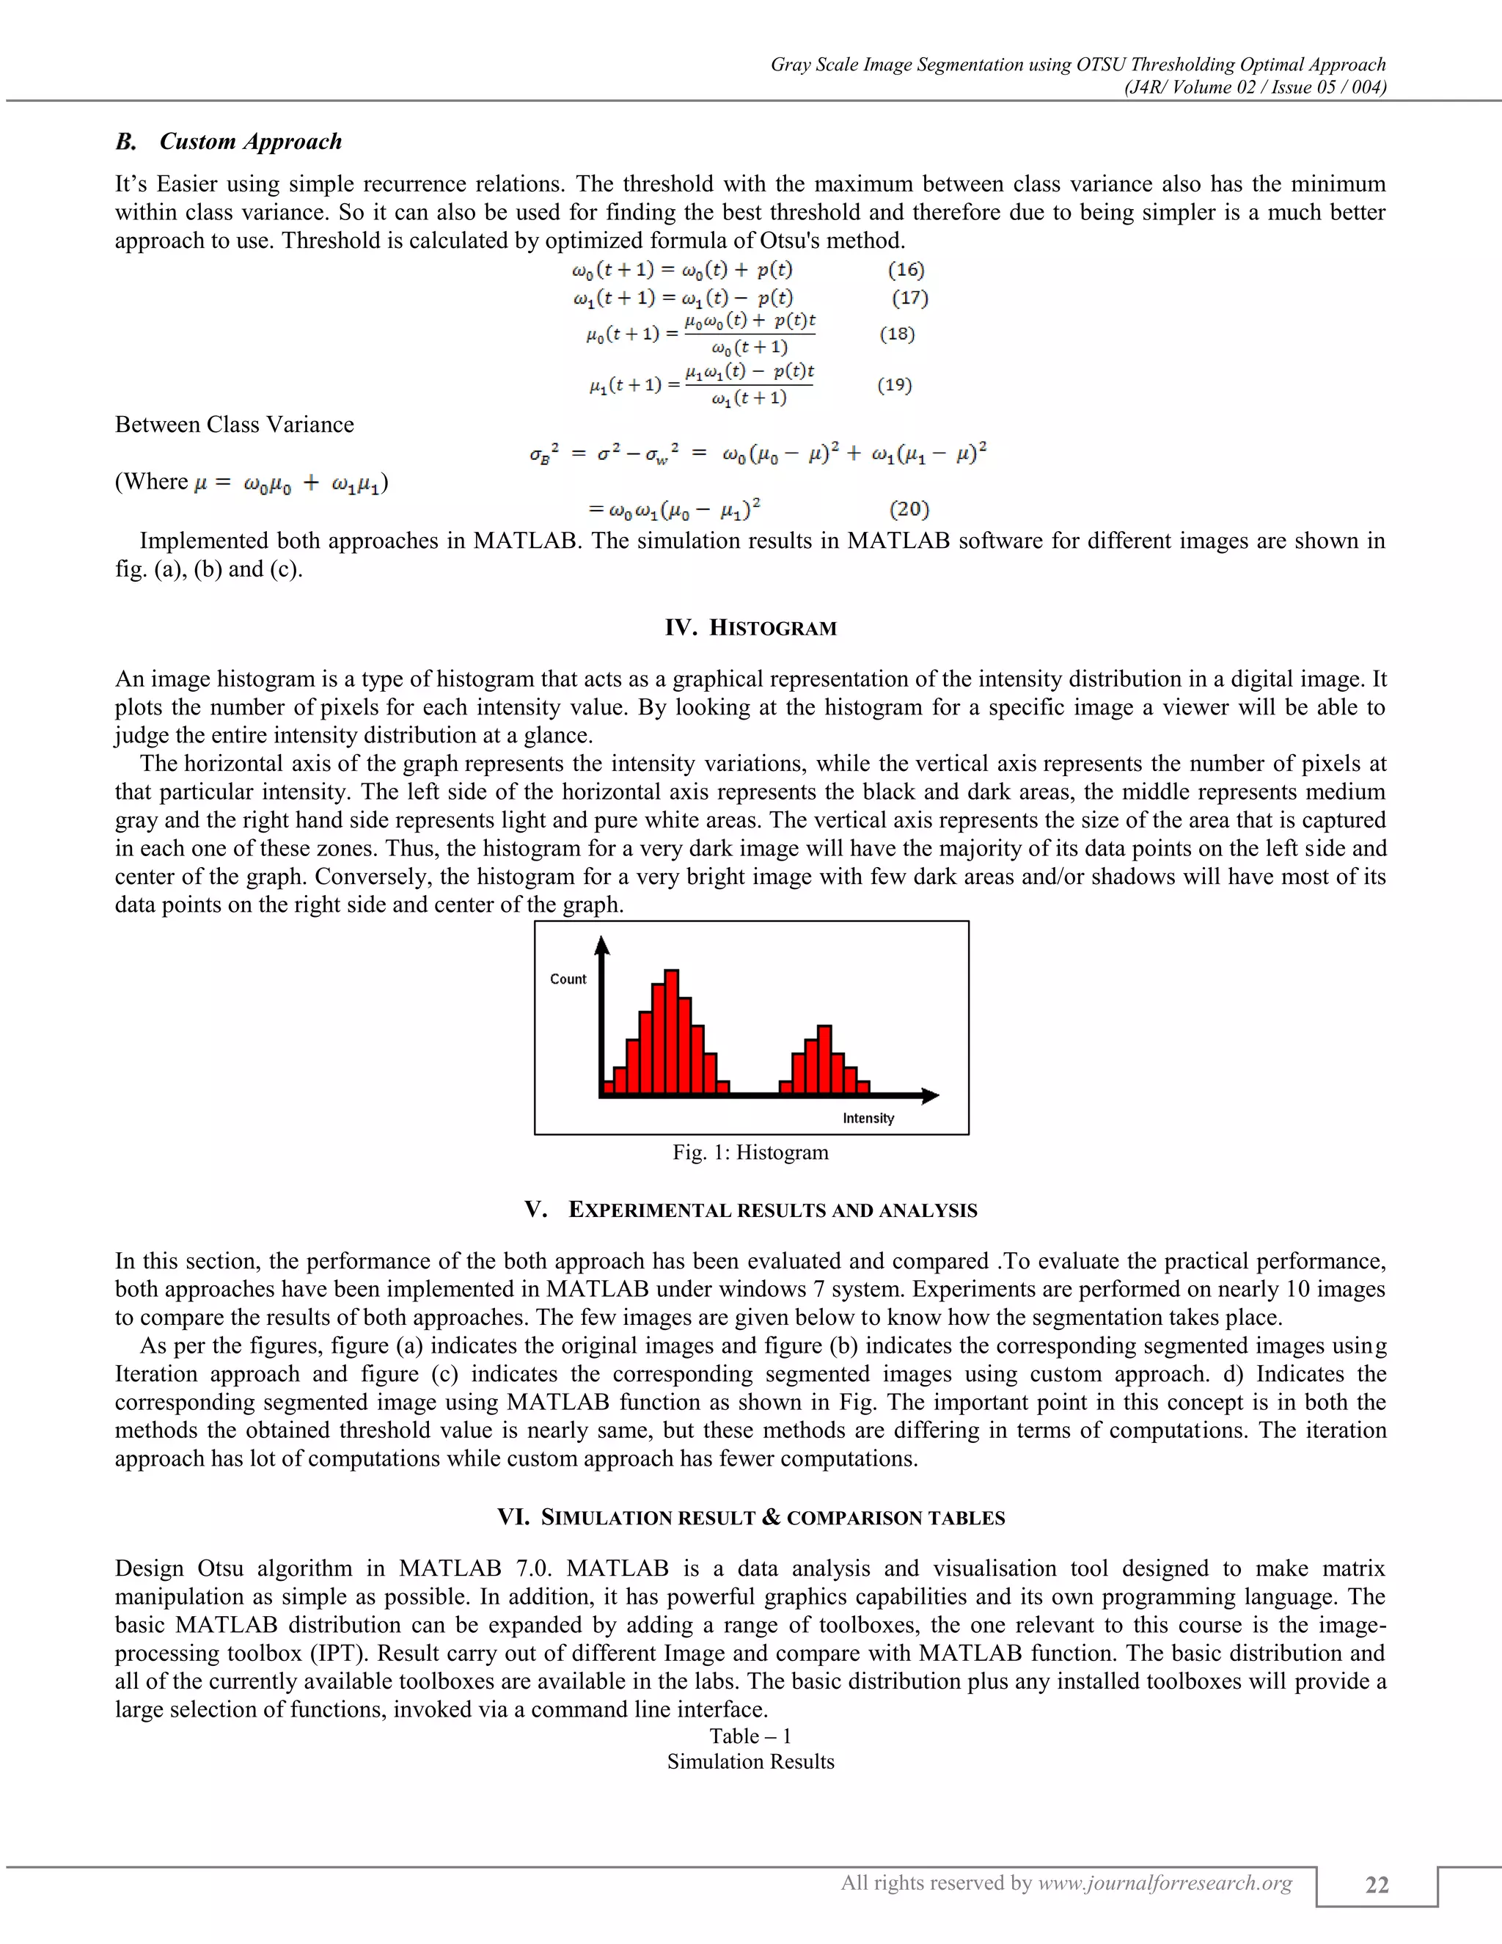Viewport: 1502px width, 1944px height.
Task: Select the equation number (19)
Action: [894, 384]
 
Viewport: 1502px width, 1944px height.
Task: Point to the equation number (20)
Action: [909, 509]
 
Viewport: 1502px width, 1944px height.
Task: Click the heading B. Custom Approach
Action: [229, 142]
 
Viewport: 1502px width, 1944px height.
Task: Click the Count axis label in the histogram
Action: [568, 979]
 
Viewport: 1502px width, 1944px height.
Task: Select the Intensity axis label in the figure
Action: [868, 1118]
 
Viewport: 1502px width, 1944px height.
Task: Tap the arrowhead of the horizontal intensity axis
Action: [930, 1096]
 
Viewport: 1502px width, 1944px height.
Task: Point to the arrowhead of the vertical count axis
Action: [602, 946]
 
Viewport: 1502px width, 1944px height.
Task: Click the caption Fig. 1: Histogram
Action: [750, 1152]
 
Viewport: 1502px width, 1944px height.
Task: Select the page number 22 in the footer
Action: [1377, 1885]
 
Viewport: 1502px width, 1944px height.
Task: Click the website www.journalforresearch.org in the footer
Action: [1165, 1882]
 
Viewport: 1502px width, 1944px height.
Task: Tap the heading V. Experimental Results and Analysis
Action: [750, 1210]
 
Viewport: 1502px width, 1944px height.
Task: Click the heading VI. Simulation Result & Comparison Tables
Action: [750, 1518]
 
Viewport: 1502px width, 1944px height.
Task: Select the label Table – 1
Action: [750, 1736]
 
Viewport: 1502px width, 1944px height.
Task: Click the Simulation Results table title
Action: [750, 1761]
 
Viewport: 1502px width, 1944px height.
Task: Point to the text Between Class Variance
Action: [234, 425]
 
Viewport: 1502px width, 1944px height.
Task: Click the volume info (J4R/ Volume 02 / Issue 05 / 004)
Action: [1255, 87]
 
